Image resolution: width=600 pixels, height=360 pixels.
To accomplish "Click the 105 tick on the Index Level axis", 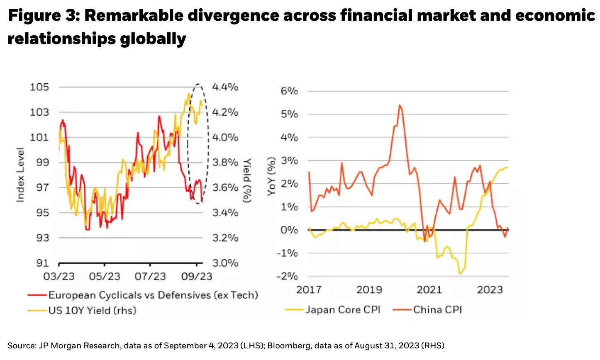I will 39,87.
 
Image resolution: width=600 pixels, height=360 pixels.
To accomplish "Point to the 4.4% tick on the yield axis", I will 225,87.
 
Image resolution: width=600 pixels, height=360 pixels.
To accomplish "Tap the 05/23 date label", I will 104,276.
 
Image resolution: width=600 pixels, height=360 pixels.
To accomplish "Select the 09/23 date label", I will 197,276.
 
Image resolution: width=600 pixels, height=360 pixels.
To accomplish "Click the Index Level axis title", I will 20,175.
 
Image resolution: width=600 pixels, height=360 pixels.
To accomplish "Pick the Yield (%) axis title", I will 247,180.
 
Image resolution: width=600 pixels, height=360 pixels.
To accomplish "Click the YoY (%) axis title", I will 272,176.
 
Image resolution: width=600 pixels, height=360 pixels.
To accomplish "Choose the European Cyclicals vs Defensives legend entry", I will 153,295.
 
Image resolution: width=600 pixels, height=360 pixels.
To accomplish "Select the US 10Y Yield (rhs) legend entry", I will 92,310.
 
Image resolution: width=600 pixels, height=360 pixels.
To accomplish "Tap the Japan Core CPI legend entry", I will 343,310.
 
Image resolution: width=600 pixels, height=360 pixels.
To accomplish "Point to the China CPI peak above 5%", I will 399,105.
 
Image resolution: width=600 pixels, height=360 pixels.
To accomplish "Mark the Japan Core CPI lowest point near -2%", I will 460,274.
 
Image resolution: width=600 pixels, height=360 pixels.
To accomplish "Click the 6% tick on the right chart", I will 289,91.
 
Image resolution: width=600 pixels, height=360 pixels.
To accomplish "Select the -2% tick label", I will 287,276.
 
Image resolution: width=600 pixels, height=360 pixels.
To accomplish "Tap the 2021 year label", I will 429,289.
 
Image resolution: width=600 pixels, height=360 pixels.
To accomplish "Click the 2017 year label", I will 309,289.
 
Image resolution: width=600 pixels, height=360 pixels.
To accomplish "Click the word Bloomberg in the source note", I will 287,345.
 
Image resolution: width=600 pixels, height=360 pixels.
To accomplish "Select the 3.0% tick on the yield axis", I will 225,263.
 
